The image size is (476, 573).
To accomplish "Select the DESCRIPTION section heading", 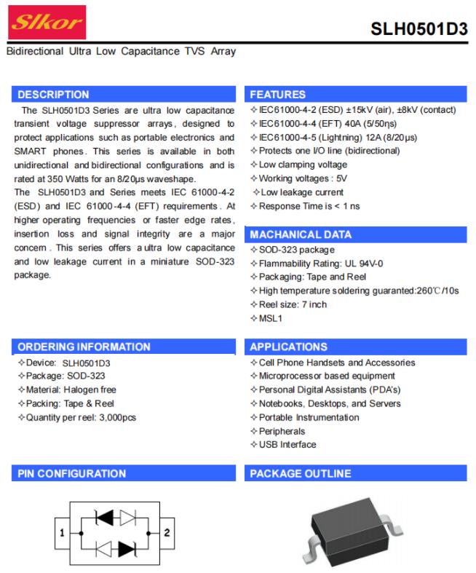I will point(53,95).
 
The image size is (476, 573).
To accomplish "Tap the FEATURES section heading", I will point(277,95).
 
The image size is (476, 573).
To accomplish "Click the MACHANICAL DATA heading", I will point(301,234).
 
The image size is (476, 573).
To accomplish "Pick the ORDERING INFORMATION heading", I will point(84,347).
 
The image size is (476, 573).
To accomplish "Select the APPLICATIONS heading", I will point(288,347).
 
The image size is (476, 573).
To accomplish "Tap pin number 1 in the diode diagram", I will point(63,532).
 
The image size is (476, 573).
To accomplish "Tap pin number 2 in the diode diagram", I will point(167,532).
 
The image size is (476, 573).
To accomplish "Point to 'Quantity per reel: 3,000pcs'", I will point(81,417).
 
